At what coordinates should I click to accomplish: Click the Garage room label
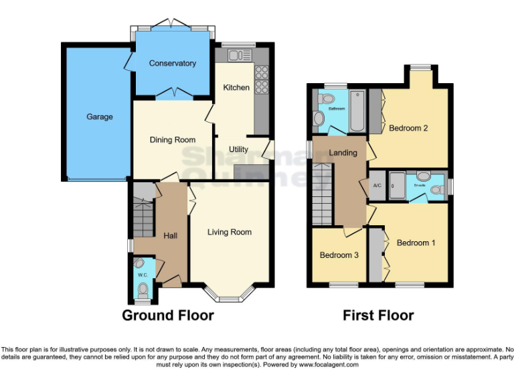click(x=99, y=117)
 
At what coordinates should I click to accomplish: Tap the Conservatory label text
click(x=173, y=64)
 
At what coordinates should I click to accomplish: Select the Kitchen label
click(x=236, y=88)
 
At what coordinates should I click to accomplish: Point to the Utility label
click(x=238, y=149)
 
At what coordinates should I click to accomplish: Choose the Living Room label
click(x=230, y=232)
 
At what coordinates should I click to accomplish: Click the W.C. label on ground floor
click(x=143, y=275)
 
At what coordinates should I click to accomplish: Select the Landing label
click(x=343, y=153)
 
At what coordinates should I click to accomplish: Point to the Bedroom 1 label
click(x=416, y=243)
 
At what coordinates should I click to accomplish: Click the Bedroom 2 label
click(x=408, y=128)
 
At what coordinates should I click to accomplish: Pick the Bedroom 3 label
click(x=339, y=255)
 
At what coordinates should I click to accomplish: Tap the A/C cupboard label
click(x=376, y=186)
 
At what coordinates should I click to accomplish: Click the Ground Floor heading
click(x=168, y=315)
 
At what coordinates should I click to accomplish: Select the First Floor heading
click(x=378, y=315)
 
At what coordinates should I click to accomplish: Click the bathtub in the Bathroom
click(x=357, y=111)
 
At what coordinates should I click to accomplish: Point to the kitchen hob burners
click(x=261, y=78)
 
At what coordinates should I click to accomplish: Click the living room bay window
click(x=230, y=292)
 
